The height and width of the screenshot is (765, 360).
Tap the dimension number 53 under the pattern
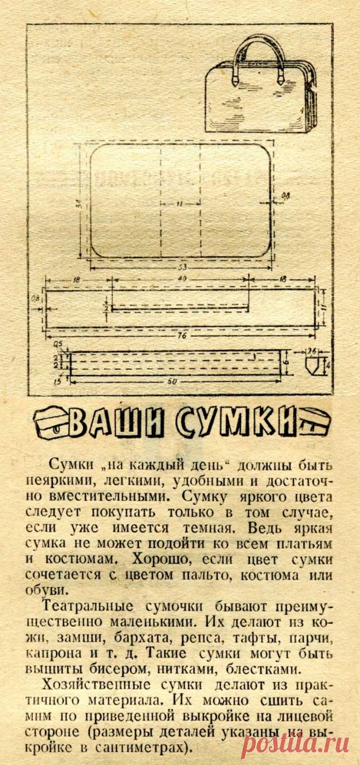(180, 267)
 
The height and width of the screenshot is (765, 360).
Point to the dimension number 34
(79, 205)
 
